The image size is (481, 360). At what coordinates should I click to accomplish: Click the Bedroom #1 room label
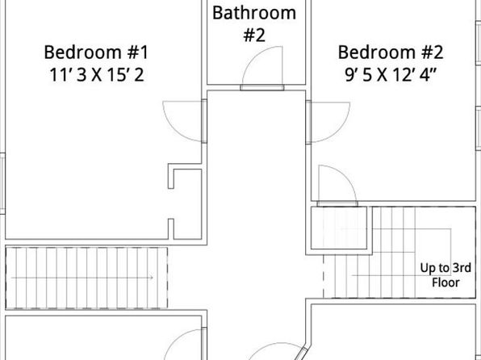click(x=96, y=52)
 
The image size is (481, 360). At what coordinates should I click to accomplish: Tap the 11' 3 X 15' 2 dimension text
click(x=96, y=75)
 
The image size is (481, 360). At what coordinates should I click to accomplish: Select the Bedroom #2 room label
click(x=391, y=52)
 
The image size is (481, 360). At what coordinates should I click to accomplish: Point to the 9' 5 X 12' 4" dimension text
click(x=391, y=75)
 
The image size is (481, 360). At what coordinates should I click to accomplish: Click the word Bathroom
click(x=254, y=13)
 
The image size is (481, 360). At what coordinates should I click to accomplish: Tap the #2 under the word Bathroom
click(x=254, y=35)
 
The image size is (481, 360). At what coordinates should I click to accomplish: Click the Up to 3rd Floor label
click(x=445, y=275)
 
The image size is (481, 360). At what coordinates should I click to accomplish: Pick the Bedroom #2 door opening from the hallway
click(x=308, y=122)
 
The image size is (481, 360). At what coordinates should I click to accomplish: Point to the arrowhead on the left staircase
click(x=152, y=278)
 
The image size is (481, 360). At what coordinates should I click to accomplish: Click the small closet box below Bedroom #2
click(x=339, y=228)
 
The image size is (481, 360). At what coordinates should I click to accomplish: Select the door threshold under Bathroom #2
click(x=262, y=87)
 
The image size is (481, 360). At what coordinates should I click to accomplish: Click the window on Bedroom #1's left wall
click(x=2, y=183)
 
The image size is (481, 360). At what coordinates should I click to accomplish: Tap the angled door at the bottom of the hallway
click(x=303, y=354)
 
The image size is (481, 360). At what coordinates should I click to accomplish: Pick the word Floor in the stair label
click(x=445, y=283)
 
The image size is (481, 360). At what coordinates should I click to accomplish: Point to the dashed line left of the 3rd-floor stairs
click(x=324, y=276)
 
